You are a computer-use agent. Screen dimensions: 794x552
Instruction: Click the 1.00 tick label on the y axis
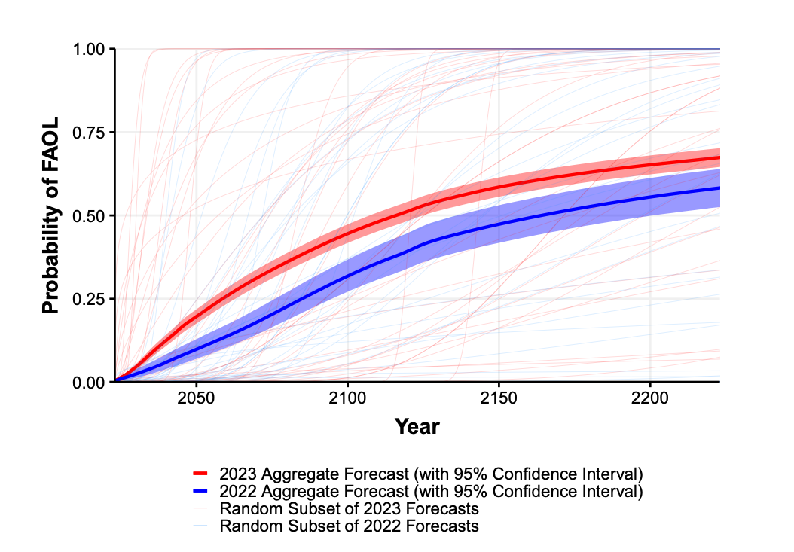(89, 50)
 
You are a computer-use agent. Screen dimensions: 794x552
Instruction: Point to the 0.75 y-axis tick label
(89, 133)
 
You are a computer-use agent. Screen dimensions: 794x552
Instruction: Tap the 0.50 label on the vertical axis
(89, 215)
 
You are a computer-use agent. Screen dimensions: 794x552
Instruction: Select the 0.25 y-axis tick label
(89, 299)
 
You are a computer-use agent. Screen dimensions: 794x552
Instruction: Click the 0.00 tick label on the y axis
(89, 383)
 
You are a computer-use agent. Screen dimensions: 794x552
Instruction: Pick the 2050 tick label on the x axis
(196, 398)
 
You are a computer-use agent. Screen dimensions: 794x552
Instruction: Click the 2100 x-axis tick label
(347, 398)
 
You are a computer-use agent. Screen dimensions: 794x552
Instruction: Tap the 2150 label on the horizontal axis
(499, 398)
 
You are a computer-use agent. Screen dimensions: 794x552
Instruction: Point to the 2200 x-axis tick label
(650, 398)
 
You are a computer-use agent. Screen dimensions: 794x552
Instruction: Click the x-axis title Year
(417, 426)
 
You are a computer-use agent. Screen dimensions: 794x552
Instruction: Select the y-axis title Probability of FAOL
(50, 215)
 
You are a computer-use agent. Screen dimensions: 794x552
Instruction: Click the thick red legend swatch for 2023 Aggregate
(200, 474)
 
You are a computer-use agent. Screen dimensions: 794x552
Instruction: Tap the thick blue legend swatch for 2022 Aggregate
(200, 491)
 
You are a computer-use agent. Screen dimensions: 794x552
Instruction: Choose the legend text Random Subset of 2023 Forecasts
(349, 508)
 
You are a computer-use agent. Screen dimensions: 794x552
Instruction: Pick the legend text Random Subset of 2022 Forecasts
(349, 526)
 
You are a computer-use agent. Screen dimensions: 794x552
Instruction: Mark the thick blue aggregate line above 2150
(499, 224)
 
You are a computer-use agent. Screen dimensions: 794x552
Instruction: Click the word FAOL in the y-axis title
(50, 141)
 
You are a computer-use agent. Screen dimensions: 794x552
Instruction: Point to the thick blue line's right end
(719, 188)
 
